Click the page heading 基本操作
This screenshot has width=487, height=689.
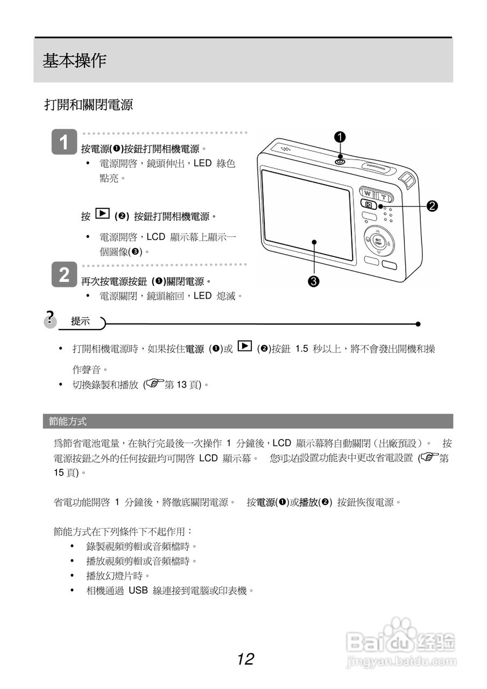(74, 61)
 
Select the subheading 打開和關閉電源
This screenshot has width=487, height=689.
(88, 105)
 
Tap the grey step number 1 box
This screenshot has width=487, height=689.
(64, 143)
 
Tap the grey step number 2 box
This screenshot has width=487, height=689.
(64, 275)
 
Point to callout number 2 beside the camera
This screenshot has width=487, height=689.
(432, 205)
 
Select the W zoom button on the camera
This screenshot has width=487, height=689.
(368, 193)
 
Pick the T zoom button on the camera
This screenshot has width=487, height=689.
(384, 194)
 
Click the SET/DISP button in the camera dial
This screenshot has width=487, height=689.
(378, 241)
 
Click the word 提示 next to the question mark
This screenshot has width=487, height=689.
(81, 321)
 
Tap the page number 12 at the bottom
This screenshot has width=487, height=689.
(245, 659)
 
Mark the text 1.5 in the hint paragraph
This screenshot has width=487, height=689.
(302, 349)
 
